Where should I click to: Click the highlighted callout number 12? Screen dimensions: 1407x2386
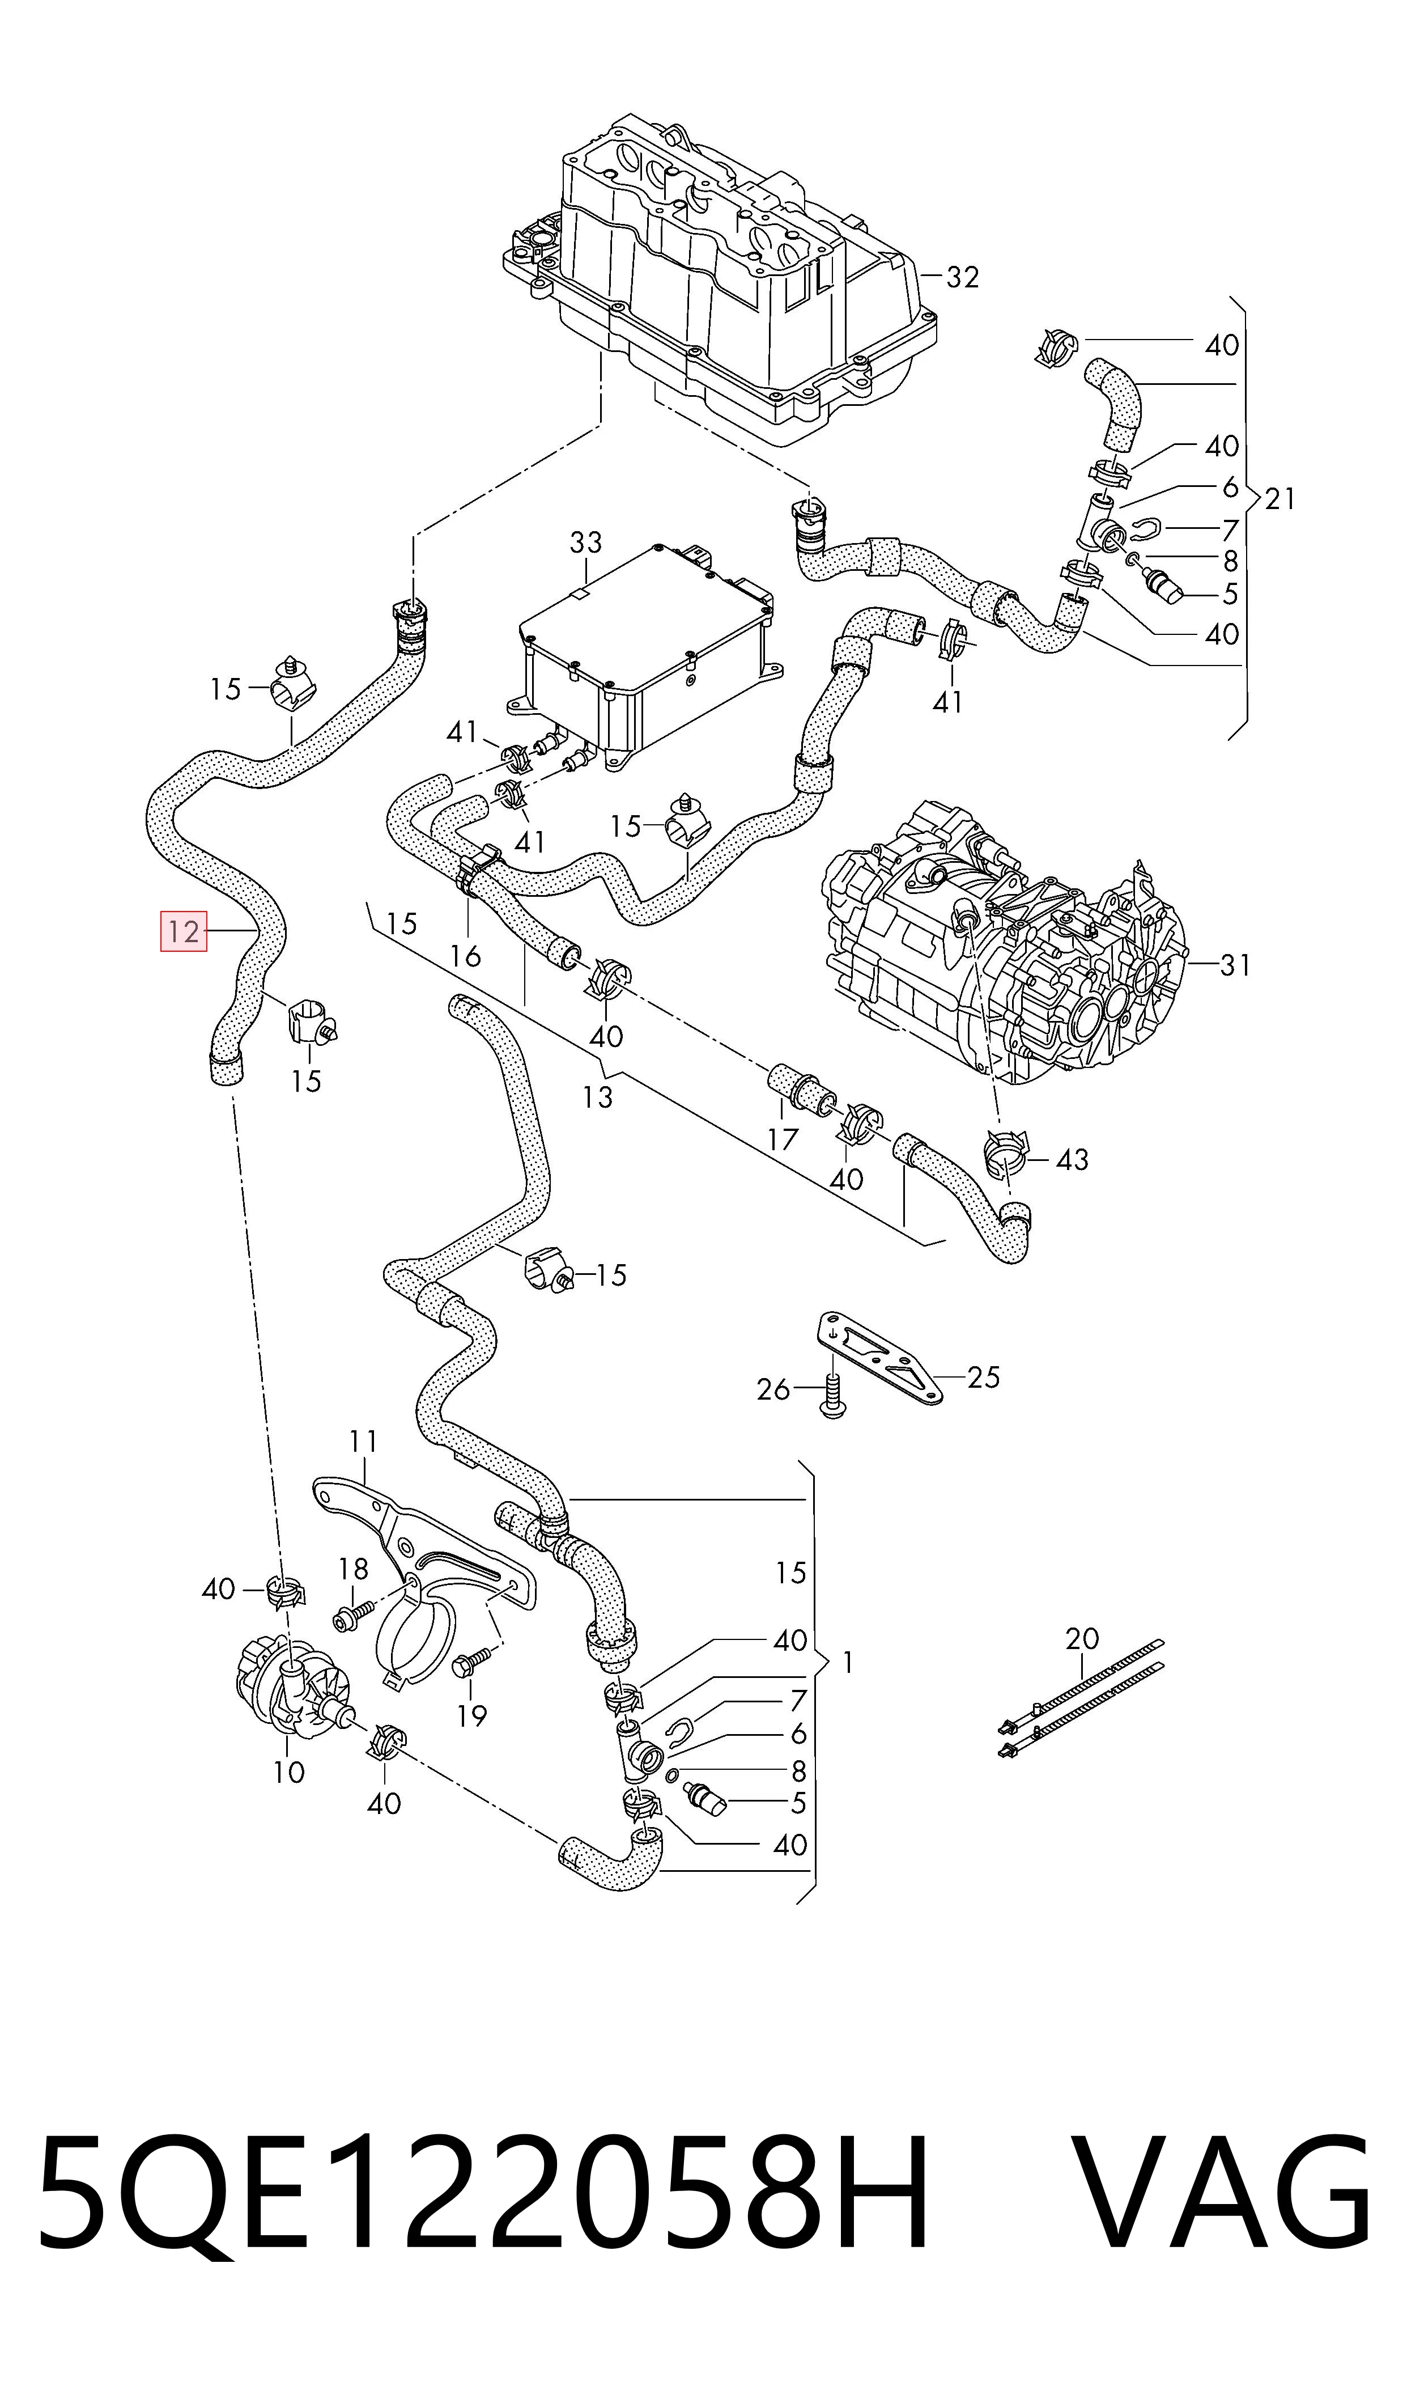pyautogui.click(x=184, y=931)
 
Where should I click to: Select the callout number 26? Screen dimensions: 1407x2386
pyautogui.click(x=773, y=1389)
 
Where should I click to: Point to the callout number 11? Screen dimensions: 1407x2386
pyautogui.click(x=363, y=1442)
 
